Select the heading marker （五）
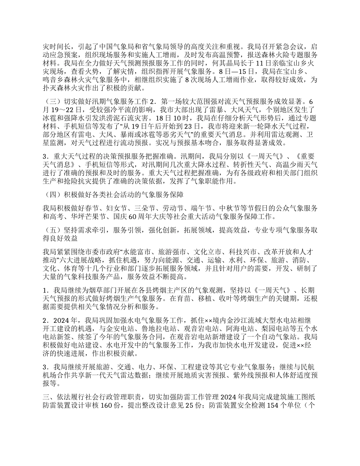coord(52,230)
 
